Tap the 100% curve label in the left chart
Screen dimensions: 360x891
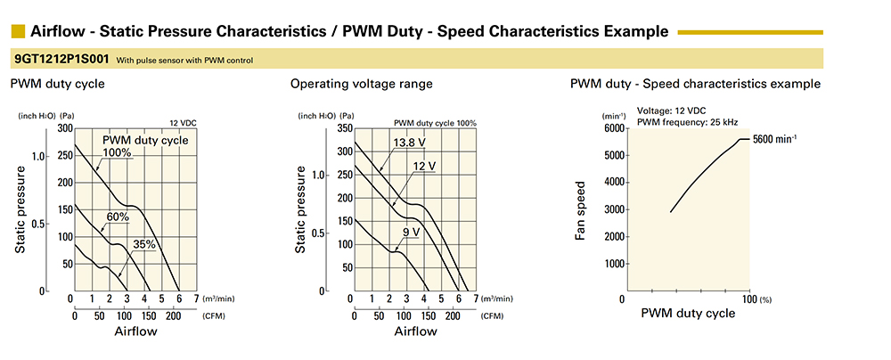click(118, 152)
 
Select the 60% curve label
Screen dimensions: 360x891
click(118, 217)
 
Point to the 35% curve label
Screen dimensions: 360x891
click(144, 244)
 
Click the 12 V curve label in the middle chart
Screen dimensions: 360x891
click(425, 167)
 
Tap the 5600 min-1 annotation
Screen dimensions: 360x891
click(774, 139)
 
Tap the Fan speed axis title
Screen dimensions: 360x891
click(581, 211)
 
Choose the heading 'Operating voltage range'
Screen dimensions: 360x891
click(362, 84)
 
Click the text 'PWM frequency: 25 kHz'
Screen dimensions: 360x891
click(687, 121)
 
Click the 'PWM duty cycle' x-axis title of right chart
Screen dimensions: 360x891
click(689, 313)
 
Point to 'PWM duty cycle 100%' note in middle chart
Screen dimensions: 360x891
click(435, 122)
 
